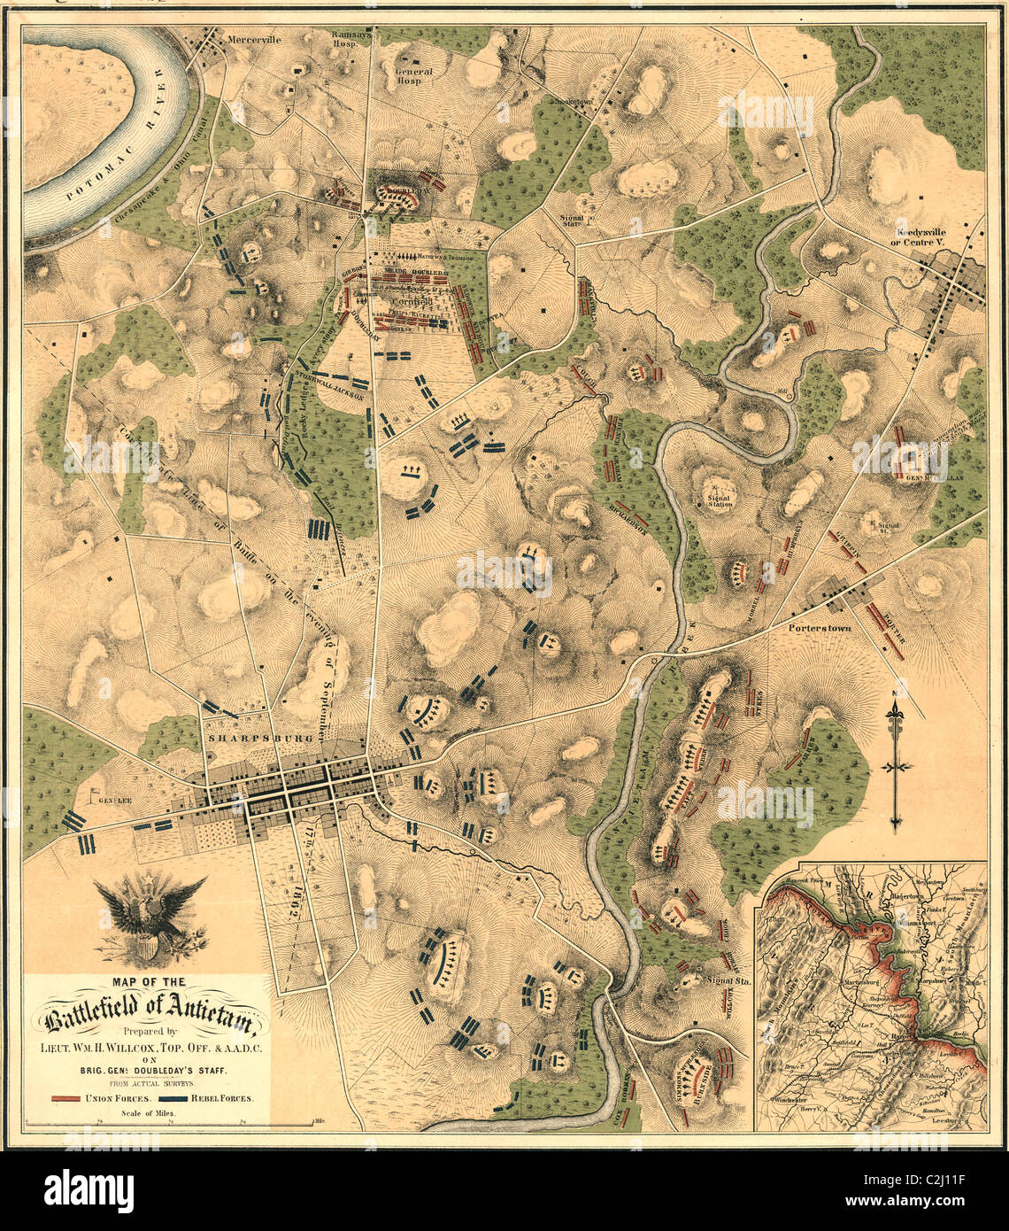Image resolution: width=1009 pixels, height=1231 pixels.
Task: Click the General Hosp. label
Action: (413, 75)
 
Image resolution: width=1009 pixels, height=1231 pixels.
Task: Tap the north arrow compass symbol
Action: (897, 759)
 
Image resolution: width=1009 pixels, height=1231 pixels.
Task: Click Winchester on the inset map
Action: (790, 1096)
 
